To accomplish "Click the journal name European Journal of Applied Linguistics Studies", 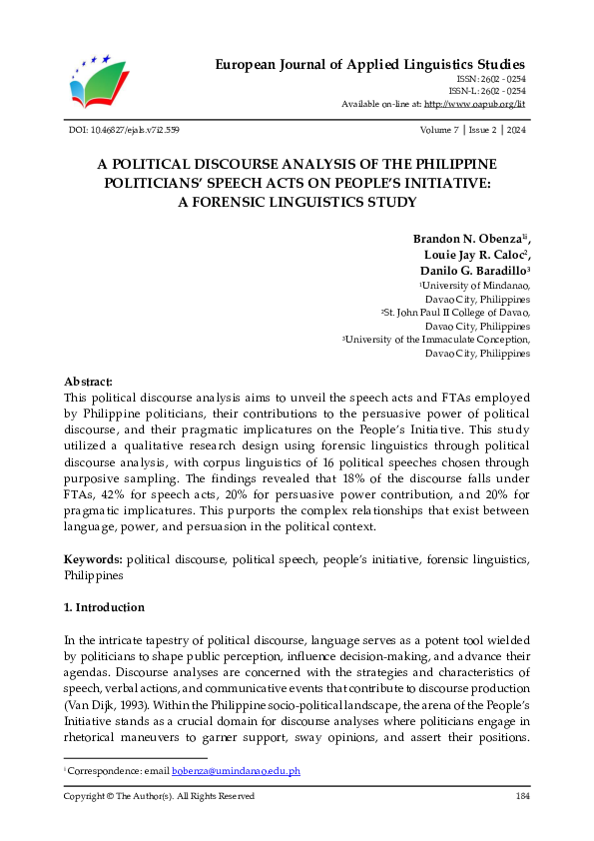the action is (x=371, y=65).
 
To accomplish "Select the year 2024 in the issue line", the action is (x=517, y=130).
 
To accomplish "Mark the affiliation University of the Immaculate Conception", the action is (x=438, y=340).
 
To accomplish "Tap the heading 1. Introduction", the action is (x=104, y=607).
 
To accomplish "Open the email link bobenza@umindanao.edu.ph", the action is (x=236, y=772).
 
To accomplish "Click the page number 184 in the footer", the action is (x=521, y=796).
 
